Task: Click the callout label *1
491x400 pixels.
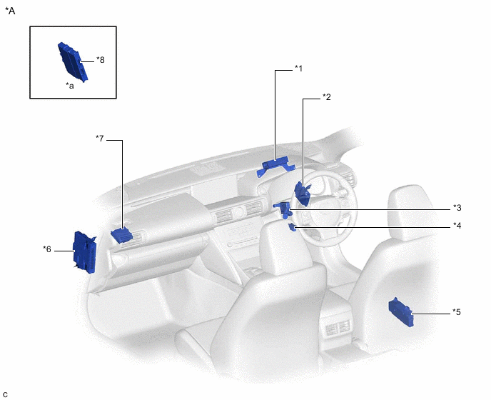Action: (x=299, y=69)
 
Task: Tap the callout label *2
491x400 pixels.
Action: (x=327, y=97)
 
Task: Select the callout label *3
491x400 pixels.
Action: (x=457, y=208)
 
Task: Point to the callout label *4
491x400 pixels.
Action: (x=457, y=226)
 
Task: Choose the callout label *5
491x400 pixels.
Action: (x=457, y=312)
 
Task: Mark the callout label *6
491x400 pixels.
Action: (x=47, y=249)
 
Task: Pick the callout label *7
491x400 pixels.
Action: (x=100, y=139)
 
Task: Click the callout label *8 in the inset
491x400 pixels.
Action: (x=101, y=59)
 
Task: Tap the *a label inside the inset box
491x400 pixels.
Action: (x=70, y=86)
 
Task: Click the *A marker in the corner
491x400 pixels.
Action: (x=10, y=11)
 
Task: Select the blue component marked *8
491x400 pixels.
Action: (x=73, y=61)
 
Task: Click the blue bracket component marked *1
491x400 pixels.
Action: (x=275, y=166)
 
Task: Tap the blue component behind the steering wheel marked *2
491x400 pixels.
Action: (x=302, y=193)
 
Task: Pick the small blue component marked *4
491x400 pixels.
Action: (x=293, y=227)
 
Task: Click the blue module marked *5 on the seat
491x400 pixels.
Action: (x=401, y=311)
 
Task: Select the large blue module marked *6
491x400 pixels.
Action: (x=84, y=252)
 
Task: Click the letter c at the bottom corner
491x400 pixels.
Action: (x=5, y=394)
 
